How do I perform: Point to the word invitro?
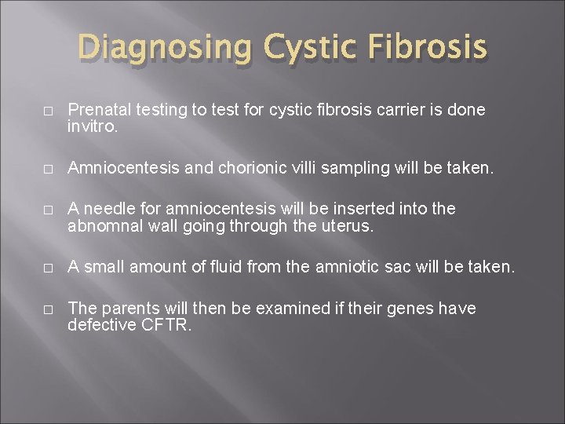pos(93,125)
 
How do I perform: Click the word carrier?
pos(395,110)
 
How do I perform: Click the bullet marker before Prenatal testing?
pos(49,112)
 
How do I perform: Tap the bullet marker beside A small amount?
pos(49,269)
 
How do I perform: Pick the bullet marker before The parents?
pos(49,309)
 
